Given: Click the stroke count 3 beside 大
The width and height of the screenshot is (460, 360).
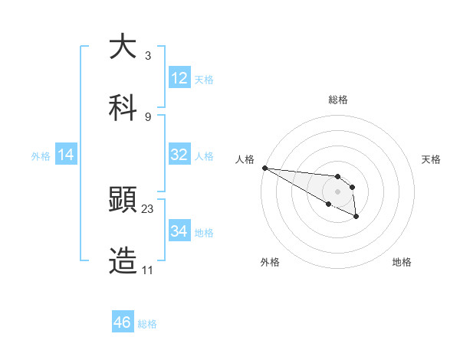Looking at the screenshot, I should coord(147,56).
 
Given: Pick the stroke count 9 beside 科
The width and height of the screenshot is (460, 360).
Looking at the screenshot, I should coord(147,116).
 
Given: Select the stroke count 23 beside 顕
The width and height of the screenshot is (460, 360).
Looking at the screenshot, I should coord(148,208).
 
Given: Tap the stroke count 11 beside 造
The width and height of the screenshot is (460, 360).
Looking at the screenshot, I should coord(148,270).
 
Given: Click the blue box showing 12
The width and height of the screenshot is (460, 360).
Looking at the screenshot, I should coord(179,78).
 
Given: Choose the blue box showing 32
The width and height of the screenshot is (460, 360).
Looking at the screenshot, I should coord(179,155).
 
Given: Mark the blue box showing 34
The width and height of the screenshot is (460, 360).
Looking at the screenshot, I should coord(179,231).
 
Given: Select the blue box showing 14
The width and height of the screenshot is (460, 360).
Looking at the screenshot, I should coord(66,155).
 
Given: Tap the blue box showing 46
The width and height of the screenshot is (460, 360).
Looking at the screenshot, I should coord(123,322).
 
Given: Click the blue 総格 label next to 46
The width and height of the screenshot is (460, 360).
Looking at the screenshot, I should coord(147,324).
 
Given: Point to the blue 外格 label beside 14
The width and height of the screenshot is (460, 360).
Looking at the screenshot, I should coord(41,155).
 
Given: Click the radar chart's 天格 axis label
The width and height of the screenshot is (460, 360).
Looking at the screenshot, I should coord(431,159).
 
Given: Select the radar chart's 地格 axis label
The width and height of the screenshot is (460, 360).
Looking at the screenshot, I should coord(402,262).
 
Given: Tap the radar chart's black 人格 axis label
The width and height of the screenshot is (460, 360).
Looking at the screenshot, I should coord(245,159).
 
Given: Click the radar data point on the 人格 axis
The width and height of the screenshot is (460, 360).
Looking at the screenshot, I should coord(264,168).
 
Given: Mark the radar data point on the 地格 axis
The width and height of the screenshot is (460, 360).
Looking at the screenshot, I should coord(356,218).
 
